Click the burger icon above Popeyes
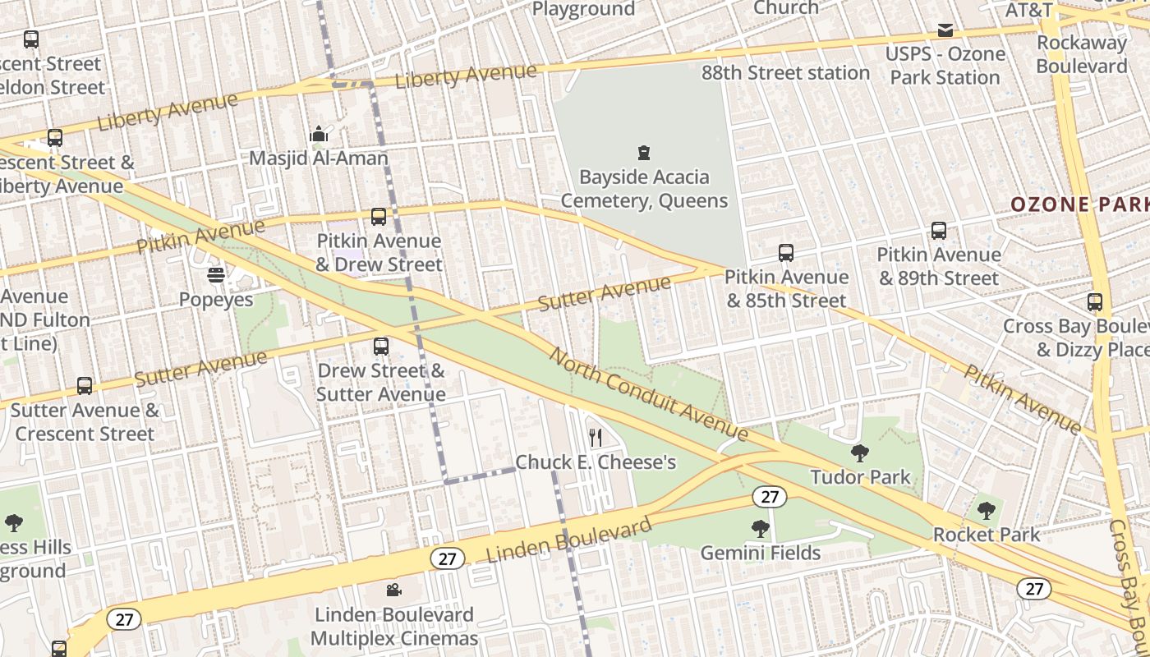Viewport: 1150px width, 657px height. click(216, 274)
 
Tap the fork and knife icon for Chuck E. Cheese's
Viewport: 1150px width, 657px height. click(596, 437)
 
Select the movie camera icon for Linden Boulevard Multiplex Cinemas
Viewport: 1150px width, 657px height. click(394, 590)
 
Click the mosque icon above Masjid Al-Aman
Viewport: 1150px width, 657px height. click(319, 134)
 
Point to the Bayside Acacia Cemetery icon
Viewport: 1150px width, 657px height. click(644, 152)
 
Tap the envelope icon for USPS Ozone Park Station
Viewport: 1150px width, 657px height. click(945, 30)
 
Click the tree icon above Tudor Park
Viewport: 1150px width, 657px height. click(860, 452)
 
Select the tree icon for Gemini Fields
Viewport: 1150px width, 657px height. click(761, 528)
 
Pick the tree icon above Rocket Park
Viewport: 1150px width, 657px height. click(986, 510)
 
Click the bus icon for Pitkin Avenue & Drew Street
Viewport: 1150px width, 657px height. click(379, 217)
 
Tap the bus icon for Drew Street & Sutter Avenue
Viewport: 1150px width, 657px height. click(380, 346)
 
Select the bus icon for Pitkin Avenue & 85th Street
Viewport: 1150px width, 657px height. click(786, 253)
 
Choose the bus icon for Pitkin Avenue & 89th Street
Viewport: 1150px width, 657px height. click(939, 231)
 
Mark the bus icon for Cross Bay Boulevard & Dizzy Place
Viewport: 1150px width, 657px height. click(1094, 302)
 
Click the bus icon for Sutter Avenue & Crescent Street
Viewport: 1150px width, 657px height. click(85, 385)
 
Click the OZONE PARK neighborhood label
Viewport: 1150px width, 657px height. click(1079, 204)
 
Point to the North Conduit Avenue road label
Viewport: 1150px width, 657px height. click(648, 394)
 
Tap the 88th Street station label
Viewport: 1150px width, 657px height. click(785, 73)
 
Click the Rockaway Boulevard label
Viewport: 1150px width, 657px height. click(1082, 54)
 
